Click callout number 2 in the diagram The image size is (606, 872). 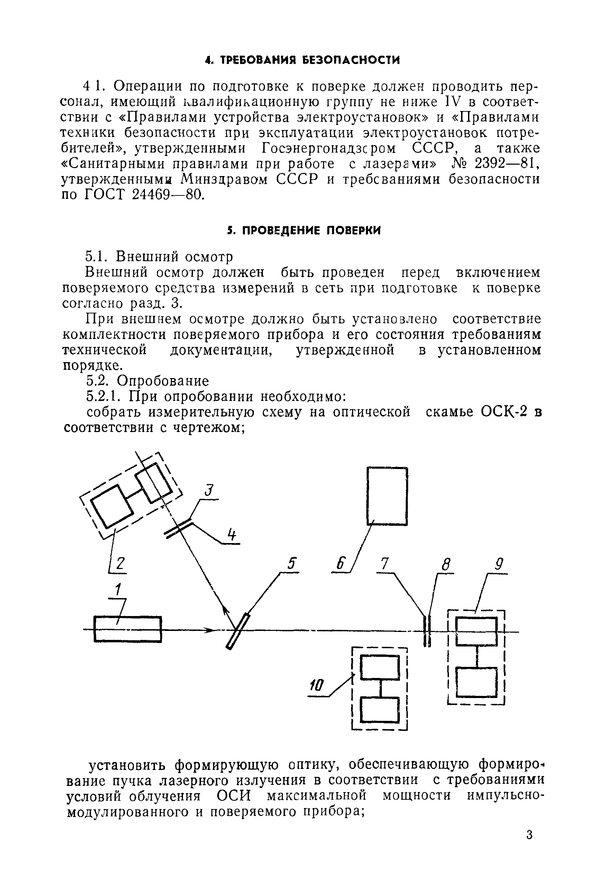tap(120, 563)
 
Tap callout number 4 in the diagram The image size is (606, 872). tap(232, 535)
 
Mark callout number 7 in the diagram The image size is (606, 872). tap(385, 564)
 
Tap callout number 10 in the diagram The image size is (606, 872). tap(317, 685)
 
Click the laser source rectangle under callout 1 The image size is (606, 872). tap(128, 630)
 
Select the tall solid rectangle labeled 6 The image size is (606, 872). tap(387, 496)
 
